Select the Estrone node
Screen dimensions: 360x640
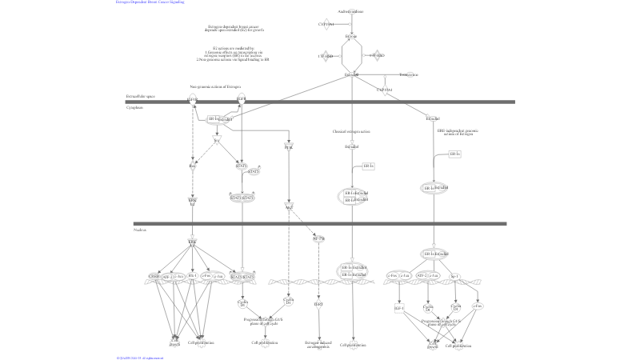[351, 36]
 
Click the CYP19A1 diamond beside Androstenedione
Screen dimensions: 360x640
[326, 25]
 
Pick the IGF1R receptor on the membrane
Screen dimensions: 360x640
[192, 100]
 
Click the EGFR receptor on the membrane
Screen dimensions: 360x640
[240, 100]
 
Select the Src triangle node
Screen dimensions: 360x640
[216, 140]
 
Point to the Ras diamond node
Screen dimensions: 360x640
[192, 166]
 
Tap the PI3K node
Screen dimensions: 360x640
[288, 146]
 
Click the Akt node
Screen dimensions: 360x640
[289, 206]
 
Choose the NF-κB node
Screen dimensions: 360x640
[318, 238]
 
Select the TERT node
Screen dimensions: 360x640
[318, 304]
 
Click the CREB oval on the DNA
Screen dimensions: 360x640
[153, 277]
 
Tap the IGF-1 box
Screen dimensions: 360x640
[398, 306]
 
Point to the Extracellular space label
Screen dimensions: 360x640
[140, 95]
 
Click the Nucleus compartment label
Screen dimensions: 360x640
[140, 230]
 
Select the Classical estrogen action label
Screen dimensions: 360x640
[351, 131]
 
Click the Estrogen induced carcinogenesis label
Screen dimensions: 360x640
[318, 345]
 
